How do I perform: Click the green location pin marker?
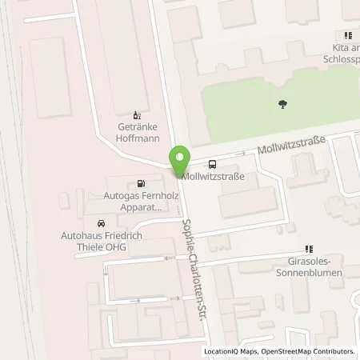pos(180,158)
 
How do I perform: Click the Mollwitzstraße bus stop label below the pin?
pos(213,176)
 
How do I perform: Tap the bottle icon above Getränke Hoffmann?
pos(135,114)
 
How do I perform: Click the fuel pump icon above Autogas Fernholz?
pos(142,182)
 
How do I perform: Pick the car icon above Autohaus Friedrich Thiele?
pos(101,223)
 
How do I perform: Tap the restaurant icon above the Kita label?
pos(348,35)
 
